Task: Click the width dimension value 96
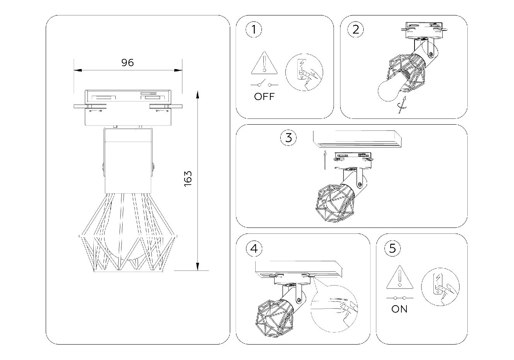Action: (128, 63)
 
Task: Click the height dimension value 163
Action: (188, 179)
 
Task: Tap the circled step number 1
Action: (254, 30)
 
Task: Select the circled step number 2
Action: (356, 30)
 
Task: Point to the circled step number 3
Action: (289, 138)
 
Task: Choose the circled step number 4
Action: (254, 249)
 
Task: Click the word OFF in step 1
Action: (265, 96)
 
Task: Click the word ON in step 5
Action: (399, 309)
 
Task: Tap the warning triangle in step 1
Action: (264, 64)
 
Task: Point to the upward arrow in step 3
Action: (325, 161)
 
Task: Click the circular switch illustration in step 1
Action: (304, 72)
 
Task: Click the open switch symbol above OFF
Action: (265, 84)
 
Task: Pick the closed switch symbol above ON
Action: (400, 298)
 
